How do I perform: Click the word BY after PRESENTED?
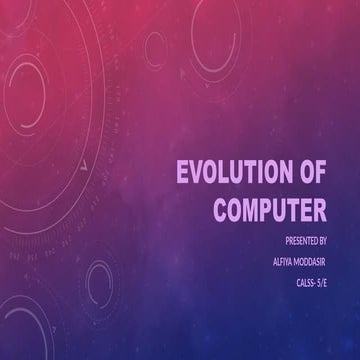click(333, 241)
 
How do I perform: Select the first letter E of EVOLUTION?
click(183, 174)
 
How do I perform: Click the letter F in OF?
click(320, 174)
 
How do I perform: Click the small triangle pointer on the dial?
click(87, 159)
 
